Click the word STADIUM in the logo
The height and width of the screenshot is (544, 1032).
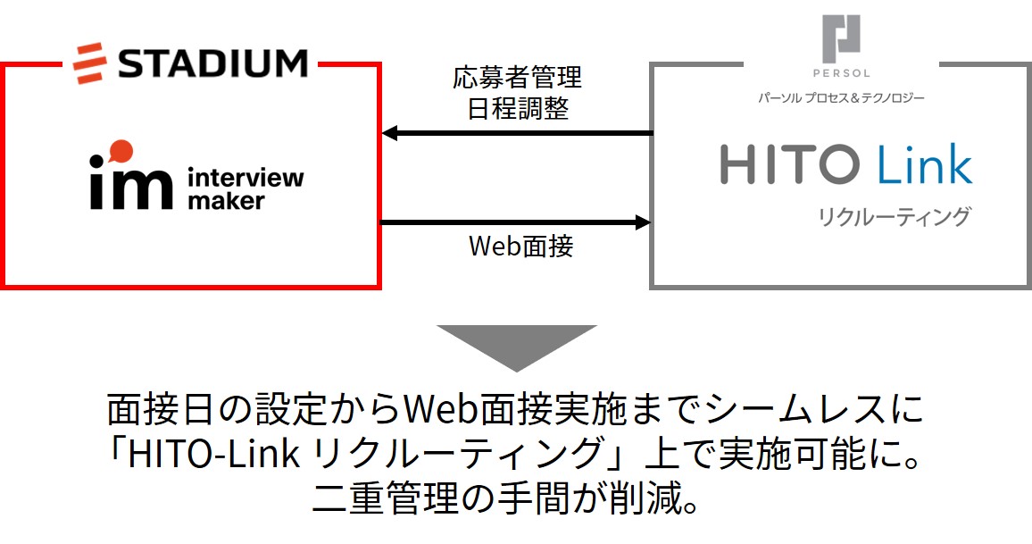pos(213,63)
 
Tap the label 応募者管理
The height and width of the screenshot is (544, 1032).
pos(517,78)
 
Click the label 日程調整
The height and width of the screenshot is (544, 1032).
pos(517,109)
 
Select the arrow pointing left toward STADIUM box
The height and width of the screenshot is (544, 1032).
pos(517,134)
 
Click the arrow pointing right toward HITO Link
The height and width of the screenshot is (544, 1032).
pos(517,222)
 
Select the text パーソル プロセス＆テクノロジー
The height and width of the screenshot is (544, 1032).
pos(842,96)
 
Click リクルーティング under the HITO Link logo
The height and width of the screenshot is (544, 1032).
pos(894,217)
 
